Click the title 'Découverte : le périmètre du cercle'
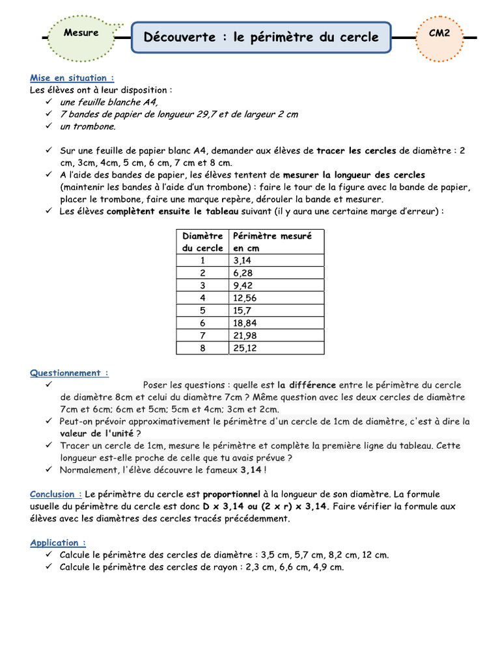[261, 37]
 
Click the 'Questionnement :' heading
[69, 373]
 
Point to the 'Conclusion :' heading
[56, 494]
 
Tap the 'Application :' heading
[57, 542]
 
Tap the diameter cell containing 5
[202, 310]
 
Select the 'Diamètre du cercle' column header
[202, 241]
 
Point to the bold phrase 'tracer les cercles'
[356, 150]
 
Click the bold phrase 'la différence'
[307, 384]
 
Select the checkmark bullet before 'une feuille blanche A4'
[49, 102]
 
